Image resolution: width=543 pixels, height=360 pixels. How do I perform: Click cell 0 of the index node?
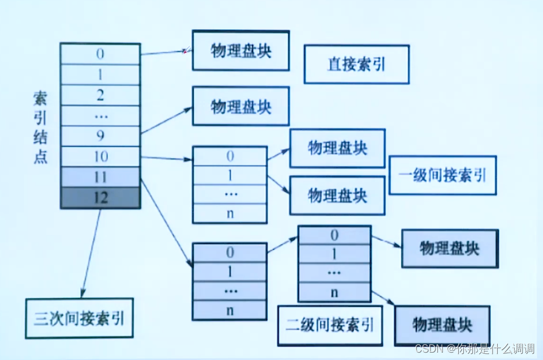100,54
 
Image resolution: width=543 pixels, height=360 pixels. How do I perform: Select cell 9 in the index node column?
100,136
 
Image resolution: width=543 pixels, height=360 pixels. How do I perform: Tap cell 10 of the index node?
100,157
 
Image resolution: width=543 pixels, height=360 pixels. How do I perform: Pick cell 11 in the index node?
100,177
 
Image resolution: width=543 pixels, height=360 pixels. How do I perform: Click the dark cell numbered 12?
100,198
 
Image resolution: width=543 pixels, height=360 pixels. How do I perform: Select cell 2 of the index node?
100,95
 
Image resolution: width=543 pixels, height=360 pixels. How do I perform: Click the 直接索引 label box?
356,64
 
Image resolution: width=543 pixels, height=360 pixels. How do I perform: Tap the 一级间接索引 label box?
442,175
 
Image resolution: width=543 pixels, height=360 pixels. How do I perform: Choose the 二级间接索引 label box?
329,325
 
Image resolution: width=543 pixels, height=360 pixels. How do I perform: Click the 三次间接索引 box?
79,318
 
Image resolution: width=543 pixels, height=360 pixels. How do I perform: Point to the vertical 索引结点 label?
40,127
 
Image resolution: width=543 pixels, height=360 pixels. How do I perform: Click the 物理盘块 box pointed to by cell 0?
241,51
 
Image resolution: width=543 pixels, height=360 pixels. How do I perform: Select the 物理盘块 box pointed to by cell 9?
241,106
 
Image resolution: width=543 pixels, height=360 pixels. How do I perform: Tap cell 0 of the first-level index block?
229,156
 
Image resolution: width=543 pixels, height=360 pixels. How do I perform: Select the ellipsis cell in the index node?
100,116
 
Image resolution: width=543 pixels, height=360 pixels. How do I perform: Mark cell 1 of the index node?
100,75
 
